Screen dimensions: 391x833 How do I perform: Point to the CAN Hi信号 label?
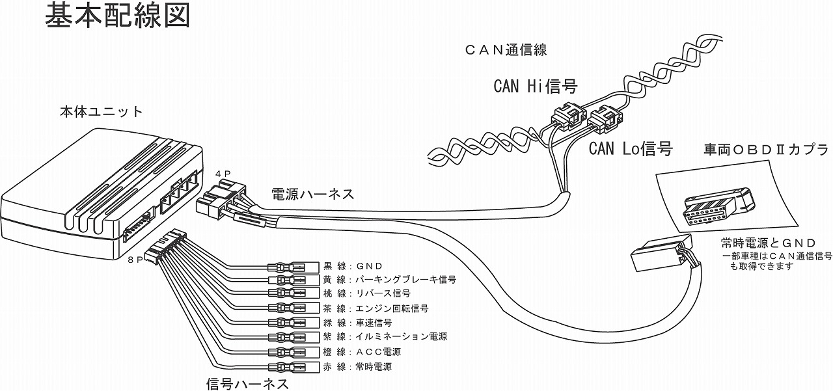(x=536, y=86)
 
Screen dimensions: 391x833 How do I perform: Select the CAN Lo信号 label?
(x=630, y=148)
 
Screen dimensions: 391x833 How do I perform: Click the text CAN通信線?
(x=506, y=49)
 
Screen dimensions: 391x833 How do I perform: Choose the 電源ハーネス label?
(x=313, y=193)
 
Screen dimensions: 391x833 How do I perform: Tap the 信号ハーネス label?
(x=247, y=383)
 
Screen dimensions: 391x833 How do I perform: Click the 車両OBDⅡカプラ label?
(x=765, y=150)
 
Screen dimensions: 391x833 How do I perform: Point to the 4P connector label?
(x=222, y=174)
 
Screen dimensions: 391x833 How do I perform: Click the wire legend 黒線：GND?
(x=352, y=266)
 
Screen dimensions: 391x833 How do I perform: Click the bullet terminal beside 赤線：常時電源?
(x=286, y=367)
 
